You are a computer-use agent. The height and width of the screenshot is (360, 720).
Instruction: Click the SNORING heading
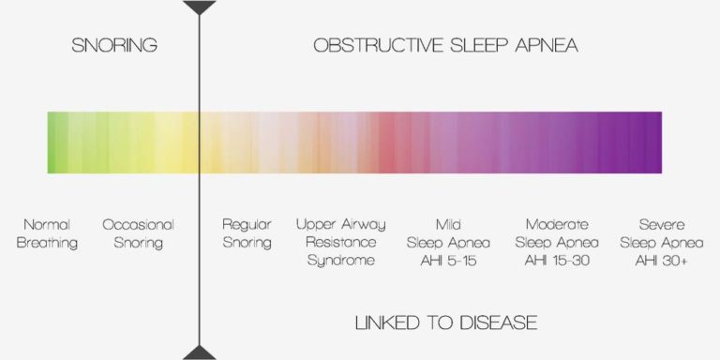point(114,45)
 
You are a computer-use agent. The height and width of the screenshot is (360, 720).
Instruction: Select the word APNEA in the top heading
point(543,45)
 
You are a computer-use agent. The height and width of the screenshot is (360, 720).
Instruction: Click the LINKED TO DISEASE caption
point(446,323)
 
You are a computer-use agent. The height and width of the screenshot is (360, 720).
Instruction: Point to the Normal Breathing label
point(52,233)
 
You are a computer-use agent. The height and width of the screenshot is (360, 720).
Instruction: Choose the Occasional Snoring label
point(139,233)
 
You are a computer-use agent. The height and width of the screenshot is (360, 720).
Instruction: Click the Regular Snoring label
point(247,233)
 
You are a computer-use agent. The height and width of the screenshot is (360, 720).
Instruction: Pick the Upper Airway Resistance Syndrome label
point(340,242)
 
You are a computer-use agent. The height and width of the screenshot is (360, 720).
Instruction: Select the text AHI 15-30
point(557,260)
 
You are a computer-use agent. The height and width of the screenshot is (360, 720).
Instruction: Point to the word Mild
point(448,225)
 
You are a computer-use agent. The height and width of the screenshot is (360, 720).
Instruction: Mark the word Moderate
point(557,225)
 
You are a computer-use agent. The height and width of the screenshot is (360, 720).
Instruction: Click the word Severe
point(661,225)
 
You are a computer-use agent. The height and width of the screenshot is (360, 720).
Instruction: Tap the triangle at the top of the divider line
point(199,7)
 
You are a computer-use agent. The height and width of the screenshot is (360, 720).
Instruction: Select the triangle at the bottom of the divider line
point(199,353)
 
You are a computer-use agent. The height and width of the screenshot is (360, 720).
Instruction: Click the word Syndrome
point(340,260)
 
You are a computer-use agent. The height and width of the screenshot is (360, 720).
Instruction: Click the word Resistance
point(340,243)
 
